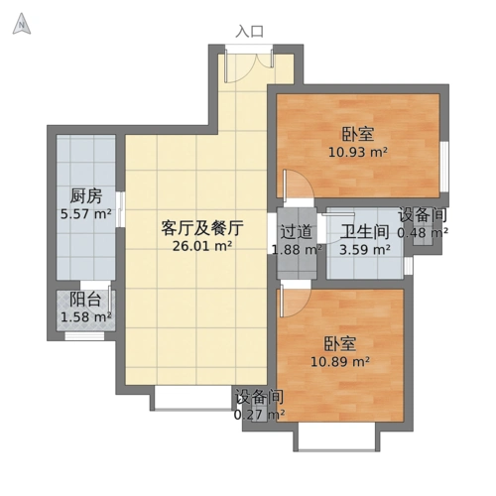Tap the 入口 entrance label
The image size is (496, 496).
pos(249,31)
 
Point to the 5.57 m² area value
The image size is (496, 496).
pos(84,213)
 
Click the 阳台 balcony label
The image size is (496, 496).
pos(84,300)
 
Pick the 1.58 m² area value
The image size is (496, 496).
pos(84,317)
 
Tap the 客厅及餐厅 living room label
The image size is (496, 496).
pos(202,227)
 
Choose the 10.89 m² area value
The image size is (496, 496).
pos(340,363)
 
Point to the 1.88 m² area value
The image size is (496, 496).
pos(297,249)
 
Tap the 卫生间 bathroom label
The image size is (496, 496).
pos(363,231)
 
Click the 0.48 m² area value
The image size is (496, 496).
pos(423,233)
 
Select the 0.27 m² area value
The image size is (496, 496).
pos(259,414)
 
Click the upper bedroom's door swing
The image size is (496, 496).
pos(296,186)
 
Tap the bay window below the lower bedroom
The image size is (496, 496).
pos(338,436)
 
